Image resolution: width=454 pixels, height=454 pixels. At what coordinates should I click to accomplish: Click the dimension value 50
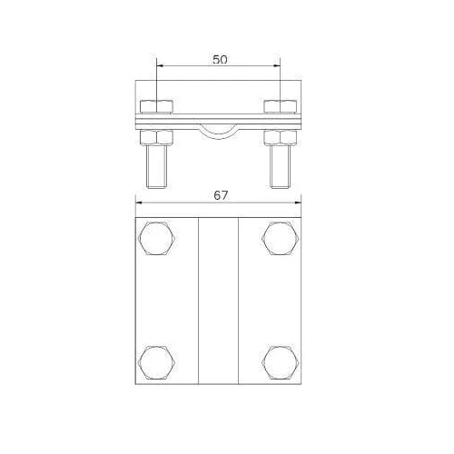click(220, 60)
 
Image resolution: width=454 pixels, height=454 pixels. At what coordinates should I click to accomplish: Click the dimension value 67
click(221, 195)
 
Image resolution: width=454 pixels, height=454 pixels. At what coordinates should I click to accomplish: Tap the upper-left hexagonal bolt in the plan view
click(157, 238)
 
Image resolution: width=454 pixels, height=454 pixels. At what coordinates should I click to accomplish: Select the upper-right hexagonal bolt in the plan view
click(281, 238)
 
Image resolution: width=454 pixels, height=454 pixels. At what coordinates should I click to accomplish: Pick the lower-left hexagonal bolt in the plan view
click(157, 362)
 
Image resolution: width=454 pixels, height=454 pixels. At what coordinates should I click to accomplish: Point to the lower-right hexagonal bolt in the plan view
click(281, 362)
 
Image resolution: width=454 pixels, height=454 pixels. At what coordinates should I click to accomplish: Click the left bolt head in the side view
click(157, 106)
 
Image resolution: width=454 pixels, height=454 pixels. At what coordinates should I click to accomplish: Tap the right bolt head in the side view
click(281, 106)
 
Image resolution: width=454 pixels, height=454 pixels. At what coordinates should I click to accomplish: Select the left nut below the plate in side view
click(157, 138)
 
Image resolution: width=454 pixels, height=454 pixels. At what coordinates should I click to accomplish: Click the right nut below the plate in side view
click(281, 138)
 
